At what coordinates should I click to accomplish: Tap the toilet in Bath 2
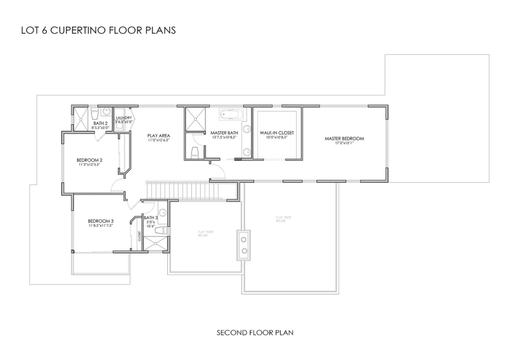point(94,114)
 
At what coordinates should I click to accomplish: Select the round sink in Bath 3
point(162,213)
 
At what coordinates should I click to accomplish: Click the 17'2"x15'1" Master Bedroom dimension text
point(344,143)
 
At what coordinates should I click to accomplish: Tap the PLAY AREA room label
point(159,135)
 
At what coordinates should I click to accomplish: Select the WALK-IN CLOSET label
point(277,133)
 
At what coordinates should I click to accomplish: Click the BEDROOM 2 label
point(89,160)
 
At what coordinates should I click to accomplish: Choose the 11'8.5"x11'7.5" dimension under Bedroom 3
point(100,225)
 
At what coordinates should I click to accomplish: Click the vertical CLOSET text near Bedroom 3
point(140,236)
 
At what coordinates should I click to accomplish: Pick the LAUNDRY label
point(124,118)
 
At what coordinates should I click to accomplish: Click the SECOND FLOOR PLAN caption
point(255,332)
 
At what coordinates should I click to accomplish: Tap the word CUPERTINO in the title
point(78,30)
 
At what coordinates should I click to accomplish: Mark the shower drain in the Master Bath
point(195,119)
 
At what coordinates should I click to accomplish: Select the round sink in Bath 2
point(106,112)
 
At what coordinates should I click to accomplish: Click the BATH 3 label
point(151,217)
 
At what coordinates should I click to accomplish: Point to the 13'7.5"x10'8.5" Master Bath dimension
point(224,137)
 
